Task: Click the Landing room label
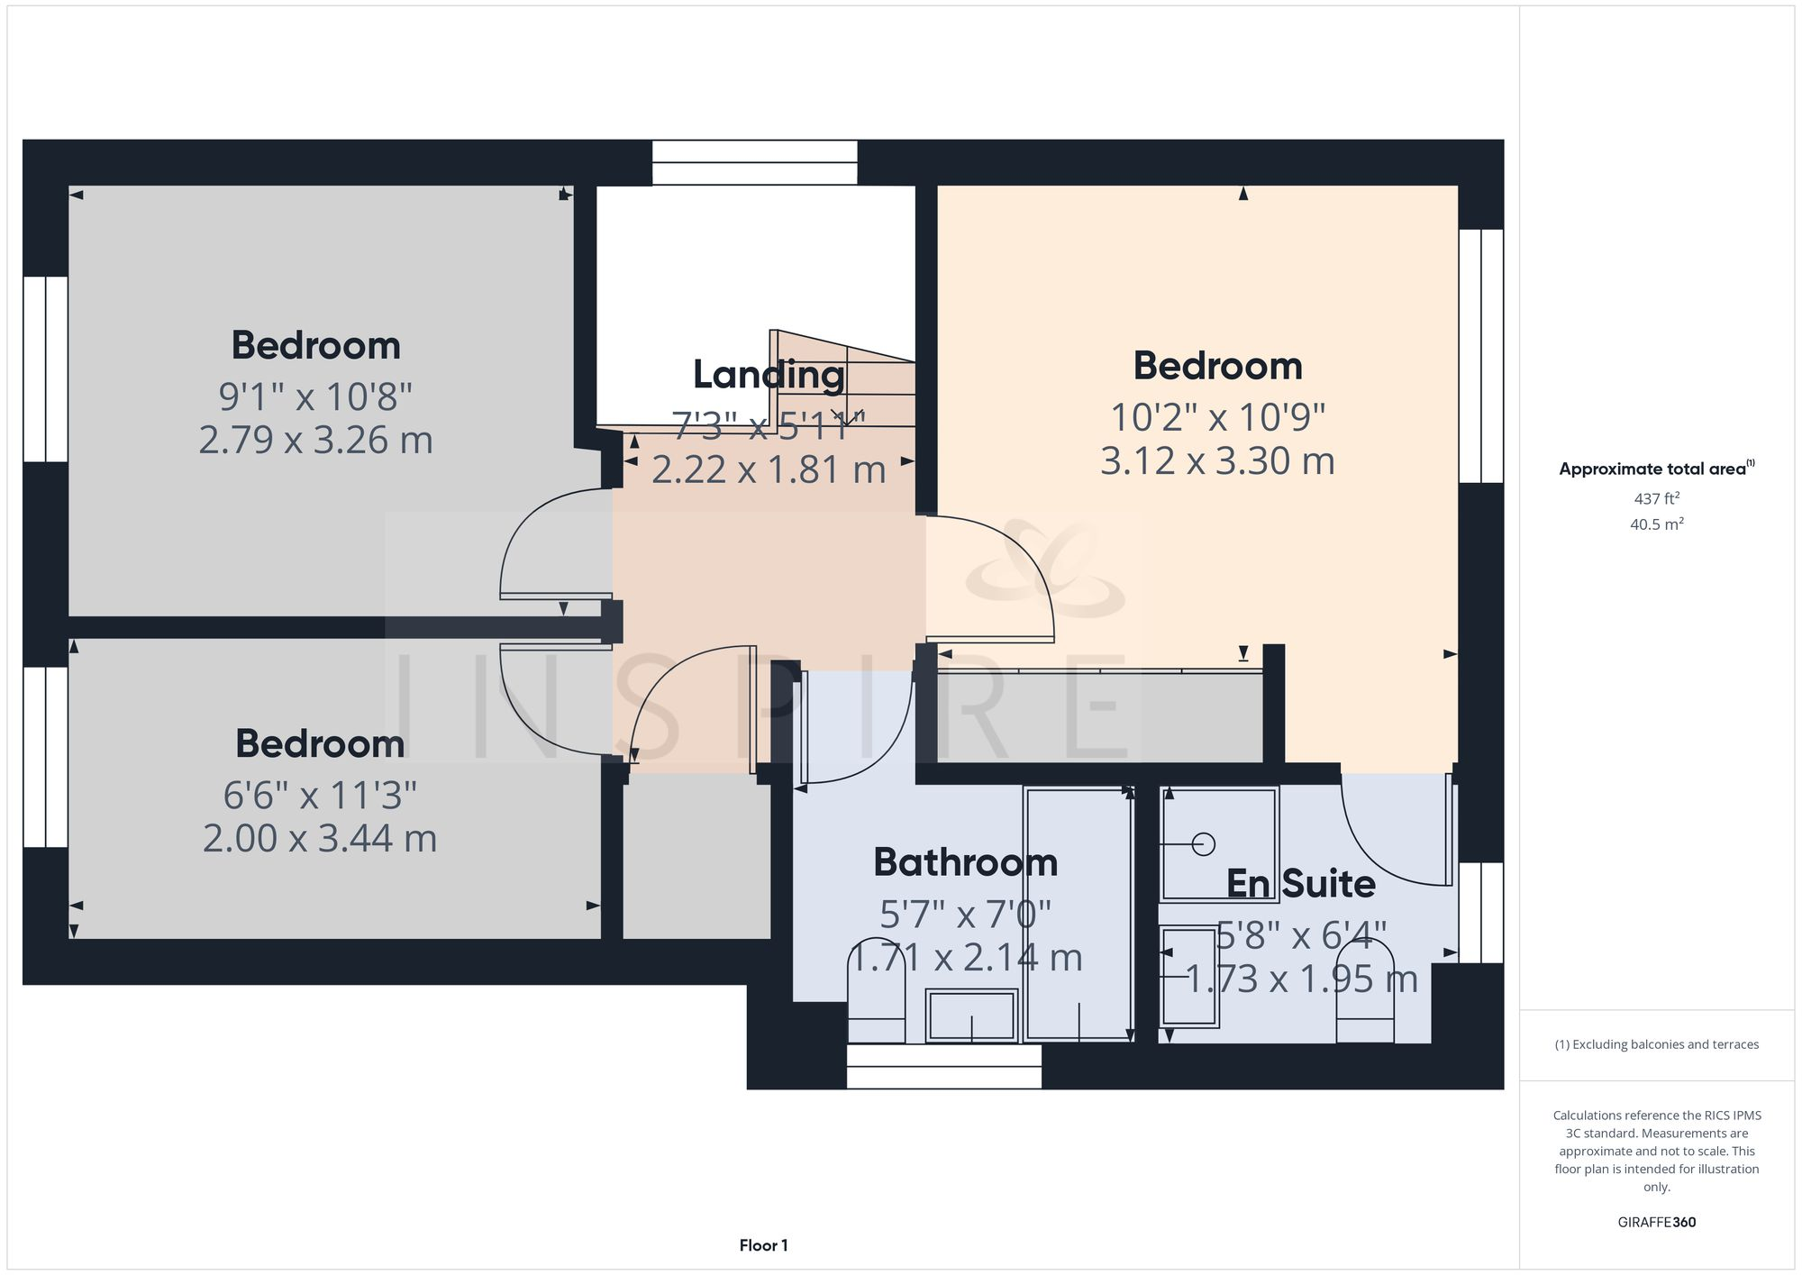769,375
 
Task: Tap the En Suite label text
1300,884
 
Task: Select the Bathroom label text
965,863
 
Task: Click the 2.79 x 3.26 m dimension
315,441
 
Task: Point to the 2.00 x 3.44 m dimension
319,839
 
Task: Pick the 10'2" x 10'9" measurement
1217,417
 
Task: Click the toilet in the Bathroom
877,1000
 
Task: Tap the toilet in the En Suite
1365,996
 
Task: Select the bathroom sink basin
971,1015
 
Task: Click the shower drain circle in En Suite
1203,844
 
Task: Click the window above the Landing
754,162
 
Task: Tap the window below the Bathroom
943,1067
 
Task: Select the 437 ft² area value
1656,498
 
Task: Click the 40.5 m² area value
1656,524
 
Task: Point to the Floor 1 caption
763,1245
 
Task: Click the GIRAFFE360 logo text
1656,1223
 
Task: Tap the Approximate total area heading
1656,469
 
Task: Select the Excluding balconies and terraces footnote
1656,1044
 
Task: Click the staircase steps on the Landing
845,383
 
